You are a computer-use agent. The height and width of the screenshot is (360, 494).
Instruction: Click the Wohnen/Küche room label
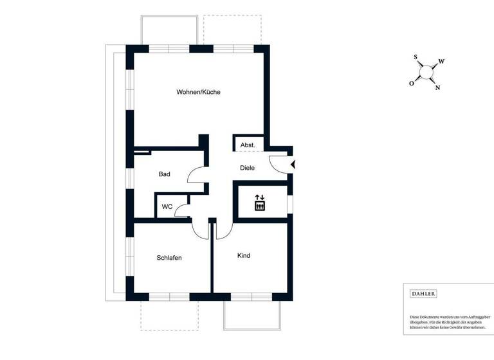(199, 92)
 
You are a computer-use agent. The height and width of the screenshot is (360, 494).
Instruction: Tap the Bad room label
(164, 174)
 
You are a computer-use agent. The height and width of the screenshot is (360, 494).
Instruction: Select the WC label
(166, 207)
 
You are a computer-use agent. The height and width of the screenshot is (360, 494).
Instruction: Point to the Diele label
(247, 168)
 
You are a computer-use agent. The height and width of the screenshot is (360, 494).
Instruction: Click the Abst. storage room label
(248, 145)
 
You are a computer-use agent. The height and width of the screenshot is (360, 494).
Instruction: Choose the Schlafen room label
(169, 258)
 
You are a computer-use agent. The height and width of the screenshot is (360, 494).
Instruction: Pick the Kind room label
(244, 256)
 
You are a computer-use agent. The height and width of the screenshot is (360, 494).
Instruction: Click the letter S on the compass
(416, 57)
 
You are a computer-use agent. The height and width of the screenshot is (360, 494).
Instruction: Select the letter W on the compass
(441, 62)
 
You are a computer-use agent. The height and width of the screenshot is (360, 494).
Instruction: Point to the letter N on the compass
(437, 88)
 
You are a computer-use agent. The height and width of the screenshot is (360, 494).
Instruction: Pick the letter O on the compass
(412, 83)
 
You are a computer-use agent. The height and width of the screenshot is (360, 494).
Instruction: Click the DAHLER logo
(423, 294)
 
